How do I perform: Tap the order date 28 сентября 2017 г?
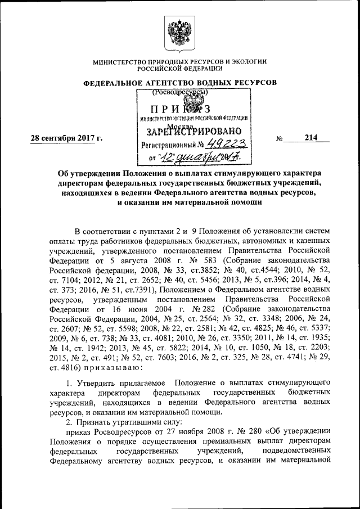(63, 138)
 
